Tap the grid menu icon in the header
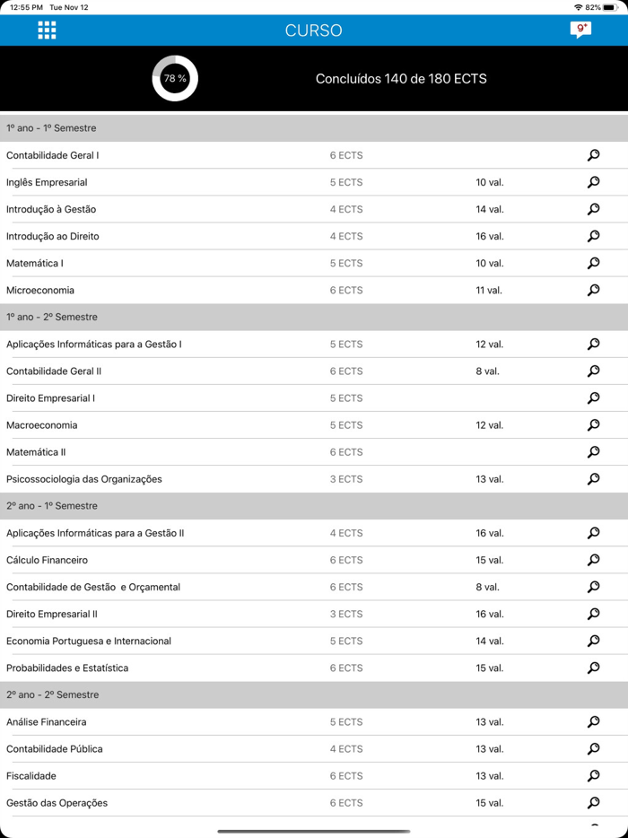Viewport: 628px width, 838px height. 47,31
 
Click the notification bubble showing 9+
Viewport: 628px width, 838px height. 580,30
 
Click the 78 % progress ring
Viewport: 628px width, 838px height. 175,79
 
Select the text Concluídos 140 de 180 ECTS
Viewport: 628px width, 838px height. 401,79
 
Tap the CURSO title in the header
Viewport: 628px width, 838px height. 313,31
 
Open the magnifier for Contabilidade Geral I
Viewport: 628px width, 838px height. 593,155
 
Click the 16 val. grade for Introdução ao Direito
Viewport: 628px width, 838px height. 489,236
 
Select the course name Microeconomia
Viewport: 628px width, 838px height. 40,290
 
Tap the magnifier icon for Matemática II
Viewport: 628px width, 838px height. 593,452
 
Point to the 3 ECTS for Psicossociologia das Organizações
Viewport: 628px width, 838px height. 345,479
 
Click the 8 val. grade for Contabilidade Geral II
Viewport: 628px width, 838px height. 487,371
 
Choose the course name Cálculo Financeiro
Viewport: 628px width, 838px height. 47,560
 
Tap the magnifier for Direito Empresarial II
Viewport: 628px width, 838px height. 593,614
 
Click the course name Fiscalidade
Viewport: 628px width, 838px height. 31,775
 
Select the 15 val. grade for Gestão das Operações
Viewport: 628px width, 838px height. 489,802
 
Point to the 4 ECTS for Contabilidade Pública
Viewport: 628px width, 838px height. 345,748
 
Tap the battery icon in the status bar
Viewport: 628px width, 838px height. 610,7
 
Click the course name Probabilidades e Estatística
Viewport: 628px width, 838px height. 67,668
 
